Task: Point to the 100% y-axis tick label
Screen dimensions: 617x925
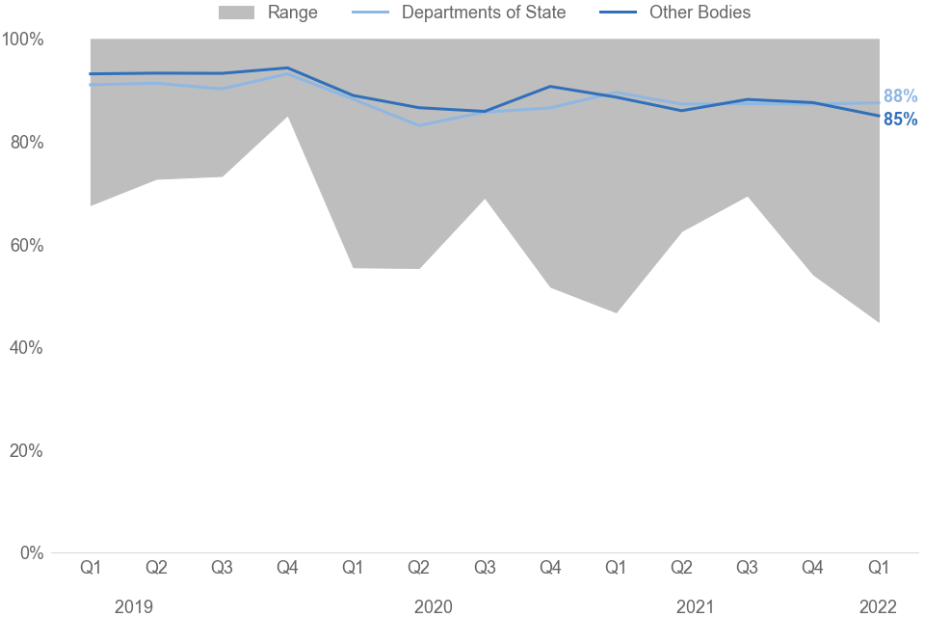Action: point(23,40)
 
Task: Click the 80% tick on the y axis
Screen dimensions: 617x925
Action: point(27,143)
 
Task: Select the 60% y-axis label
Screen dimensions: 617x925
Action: point(27,246)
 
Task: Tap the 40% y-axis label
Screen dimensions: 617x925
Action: point(27,348)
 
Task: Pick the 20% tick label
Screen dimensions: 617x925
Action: point(27,451)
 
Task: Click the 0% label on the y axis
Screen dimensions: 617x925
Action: point(32,553)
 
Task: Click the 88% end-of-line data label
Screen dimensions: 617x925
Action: point(900,96)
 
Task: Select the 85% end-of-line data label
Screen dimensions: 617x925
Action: point(900,121)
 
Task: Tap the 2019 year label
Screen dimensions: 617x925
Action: point(134,606)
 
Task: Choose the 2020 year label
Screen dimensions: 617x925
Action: point(434,606)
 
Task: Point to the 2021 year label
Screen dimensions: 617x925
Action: point(695,606)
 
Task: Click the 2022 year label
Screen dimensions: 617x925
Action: point(878,606)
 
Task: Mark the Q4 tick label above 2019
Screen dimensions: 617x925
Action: point(287,568)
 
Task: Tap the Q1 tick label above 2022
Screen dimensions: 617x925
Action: point(879,568)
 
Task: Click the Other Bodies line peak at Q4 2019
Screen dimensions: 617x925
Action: point(287,67)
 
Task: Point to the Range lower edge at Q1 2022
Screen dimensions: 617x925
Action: point(879,323)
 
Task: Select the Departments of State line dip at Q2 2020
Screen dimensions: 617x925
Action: point(419,125)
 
